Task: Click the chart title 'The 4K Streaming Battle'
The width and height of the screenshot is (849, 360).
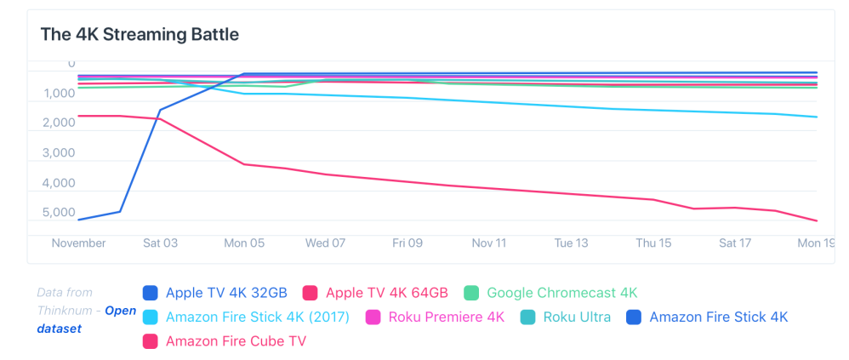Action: coord(140,35)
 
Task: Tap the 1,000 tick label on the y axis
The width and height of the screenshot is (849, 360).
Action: coord(59,94)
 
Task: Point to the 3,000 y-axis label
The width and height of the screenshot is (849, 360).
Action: coord(59,154)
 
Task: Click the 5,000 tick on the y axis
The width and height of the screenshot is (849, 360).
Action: coord(59,214)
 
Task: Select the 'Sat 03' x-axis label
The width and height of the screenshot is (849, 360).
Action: coord(161,243)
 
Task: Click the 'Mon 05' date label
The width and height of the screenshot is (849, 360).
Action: coord(244,243)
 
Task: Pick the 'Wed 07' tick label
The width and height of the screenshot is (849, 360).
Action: coord(325,243)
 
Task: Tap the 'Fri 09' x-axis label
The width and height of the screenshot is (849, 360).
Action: coord(407,243)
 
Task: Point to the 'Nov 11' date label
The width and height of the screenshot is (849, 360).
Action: coord(489,243)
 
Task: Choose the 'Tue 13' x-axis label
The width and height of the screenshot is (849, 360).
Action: coord(571,243)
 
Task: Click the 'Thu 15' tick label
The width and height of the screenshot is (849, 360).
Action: coord(653,243)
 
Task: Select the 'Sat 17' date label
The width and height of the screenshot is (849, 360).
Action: coord(735,243)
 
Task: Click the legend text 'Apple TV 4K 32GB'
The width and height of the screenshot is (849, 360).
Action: coord(226,294)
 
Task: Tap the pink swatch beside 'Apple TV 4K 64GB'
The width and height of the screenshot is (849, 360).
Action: coord(311,294)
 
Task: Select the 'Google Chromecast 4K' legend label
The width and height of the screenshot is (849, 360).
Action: coord(561,294)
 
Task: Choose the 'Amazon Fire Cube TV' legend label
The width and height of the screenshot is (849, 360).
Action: coord(236,341)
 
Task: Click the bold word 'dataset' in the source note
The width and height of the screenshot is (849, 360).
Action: coord(59,328)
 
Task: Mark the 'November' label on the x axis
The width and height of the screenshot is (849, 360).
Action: coord(79,243)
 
